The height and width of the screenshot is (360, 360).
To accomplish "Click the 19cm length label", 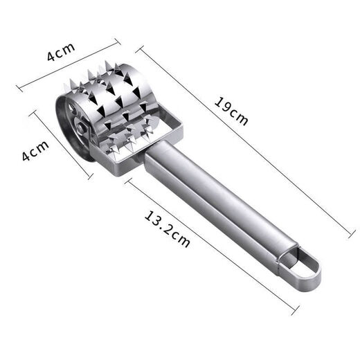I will point(231,112).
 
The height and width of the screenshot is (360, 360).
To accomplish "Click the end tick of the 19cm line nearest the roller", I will point(141,48).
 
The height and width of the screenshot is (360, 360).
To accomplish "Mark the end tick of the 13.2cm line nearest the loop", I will point(296,304).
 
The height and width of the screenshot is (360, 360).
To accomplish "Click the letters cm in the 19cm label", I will point(239,118).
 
